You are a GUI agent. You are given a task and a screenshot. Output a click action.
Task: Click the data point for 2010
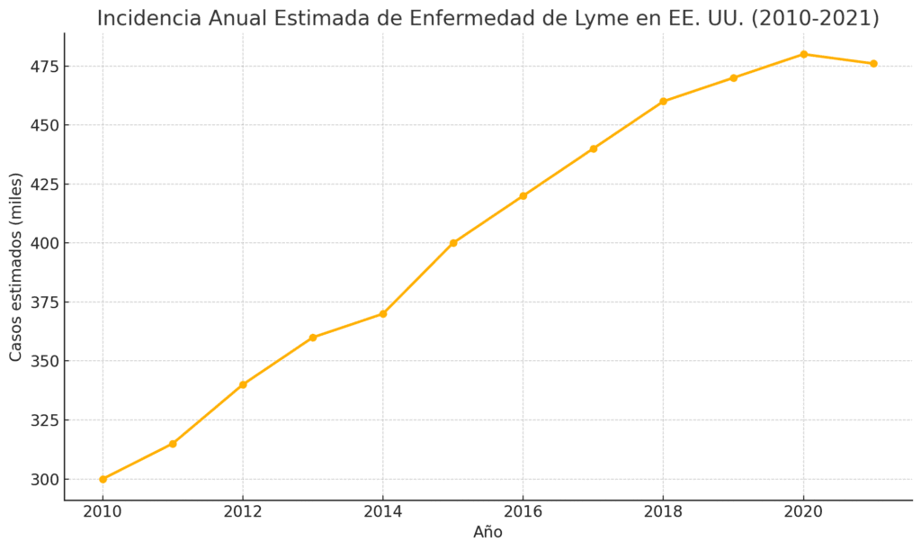pyautogui.click(x=103, y=479)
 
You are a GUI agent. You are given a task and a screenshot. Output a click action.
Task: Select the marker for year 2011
pyautogui.click(x=173, y=444)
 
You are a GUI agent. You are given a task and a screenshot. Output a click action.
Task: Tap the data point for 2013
pyautogui.click(x=313, y=338)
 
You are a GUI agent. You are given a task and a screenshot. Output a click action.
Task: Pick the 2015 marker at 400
pyautogui.click(x=453, y=243)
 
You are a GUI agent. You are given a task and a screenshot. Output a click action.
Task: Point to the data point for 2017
pyautogui.click(x=594, y=149)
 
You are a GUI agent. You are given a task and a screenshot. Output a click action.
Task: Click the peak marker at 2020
pyautogui.click(x=803, y=54)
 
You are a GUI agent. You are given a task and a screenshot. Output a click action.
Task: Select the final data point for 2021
pyautogui.click(x=873, y=63)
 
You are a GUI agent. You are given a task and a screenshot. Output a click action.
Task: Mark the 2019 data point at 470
pyautogui.click(x=734, y=77)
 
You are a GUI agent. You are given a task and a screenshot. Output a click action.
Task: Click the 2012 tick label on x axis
pyautogui.click(x=243, y=512)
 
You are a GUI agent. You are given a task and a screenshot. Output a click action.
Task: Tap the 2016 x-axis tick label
pyautogui.click(x=523, y=512)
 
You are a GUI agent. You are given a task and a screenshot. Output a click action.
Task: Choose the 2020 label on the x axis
pyautogui.click(x=803, y=512)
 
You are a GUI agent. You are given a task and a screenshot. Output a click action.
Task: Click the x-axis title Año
pyautogui.click(x=487, y=532)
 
